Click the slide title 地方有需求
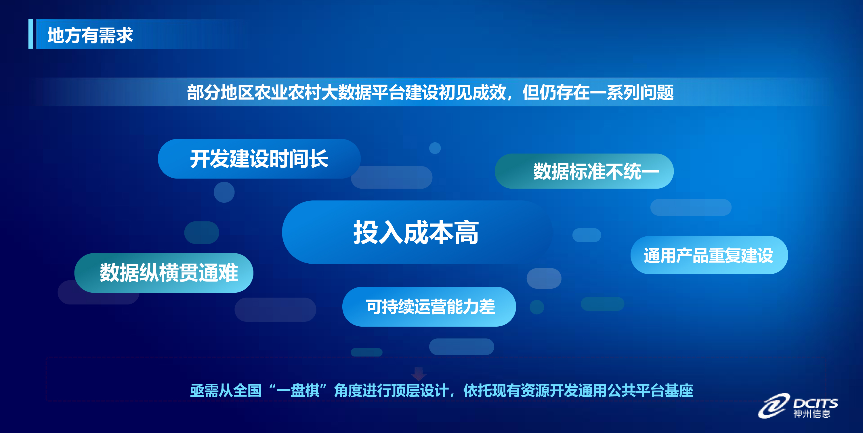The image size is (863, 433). click(x=90, y=35)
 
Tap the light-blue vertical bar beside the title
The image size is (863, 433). click(x=30, y=34)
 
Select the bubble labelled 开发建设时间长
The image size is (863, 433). click(x=259, y=159)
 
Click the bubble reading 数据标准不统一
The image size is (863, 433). click(x=584, y=171)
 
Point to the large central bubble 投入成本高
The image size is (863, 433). click(x=417, y=232)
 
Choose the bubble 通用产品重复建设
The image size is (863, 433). click(x=709, y=255)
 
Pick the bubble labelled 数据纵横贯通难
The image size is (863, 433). click(x=164, y=273)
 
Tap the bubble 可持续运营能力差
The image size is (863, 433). click(x=429, y=306)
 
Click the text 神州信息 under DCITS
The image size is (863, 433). click(x=812, y=414)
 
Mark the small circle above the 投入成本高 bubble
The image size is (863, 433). click(x=435, y=148)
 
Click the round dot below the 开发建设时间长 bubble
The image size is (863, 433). click(x=224, y=192)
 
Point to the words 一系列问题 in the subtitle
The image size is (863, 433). click(x=631, y=92)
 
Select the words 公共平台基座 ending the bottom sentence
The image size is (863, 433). click(x=650, y=390)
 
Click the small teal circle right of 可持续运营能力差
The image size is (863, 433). click(x=537, y=307)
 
